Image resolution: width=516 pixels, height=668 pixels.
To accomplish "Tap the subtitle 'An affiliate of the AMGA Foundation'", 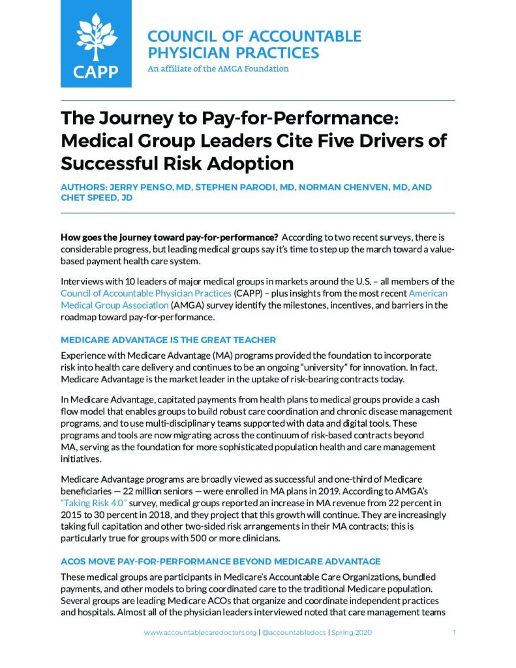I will (218, 68).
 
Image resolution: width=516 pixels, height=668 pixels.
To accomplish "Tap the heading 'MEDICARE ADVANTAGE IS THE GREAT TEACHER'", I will (168, 340).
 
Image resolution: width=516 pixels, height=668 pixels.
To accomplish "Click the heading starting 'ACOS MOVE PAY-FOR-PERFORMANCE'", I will (220, 561).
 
